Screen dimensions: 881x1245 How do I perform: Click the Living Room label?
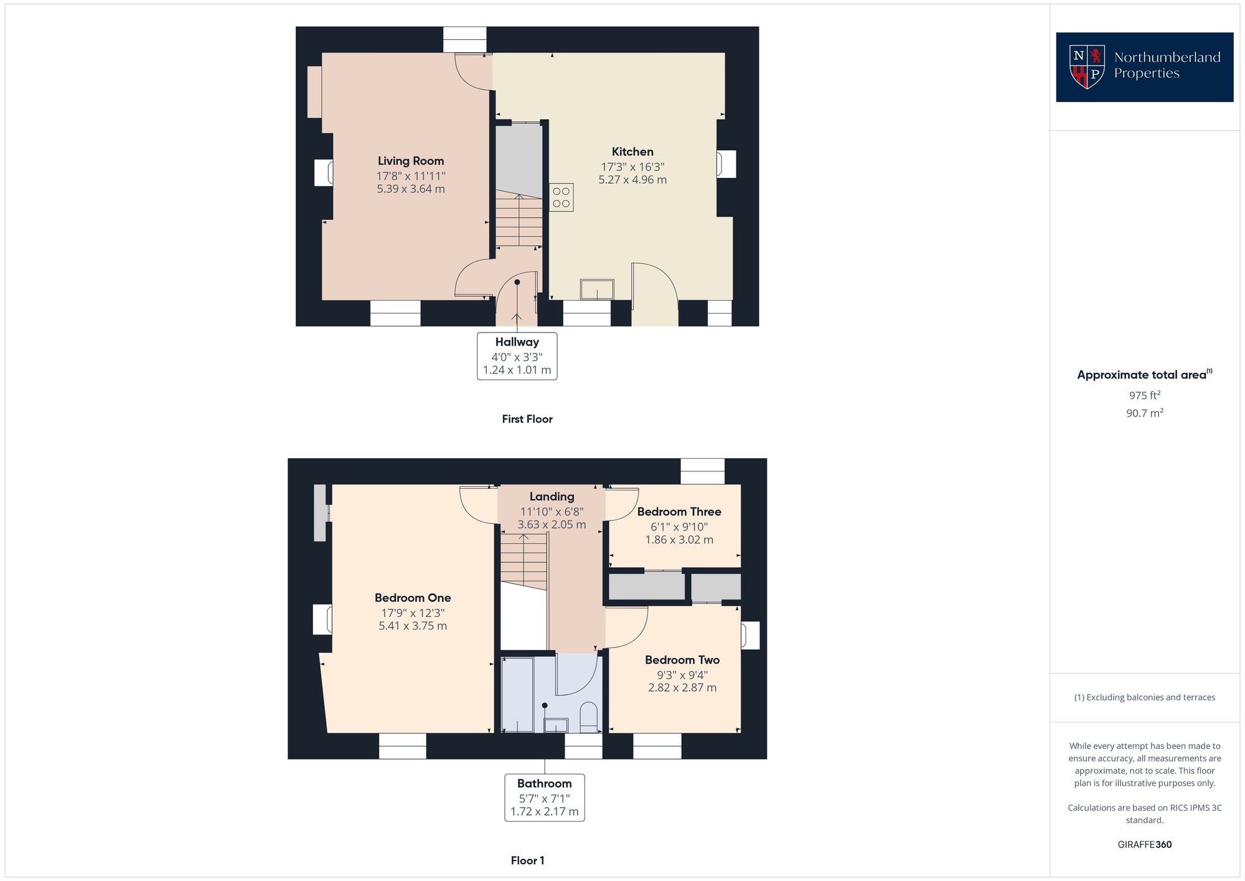410,161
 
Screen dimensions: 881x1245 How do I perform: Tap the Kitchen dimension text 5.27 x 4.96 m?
632,180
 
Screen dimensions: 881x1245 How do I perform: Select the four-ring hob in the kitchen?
561,197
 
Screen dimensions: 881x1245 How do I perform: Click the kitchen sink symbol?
596,290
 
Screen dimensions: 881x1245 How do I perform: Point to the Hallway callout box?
517,356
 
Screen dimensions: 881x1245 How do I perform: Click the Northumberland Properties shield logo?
1086,67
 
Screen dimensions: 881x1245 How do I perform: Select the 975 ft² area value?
1144,395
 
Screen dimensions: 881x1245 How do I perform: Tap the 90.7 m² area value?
1144,413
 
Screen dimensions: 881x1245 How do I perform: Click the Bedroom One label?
413,598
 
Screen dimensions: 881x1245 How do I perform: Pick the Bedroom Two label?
682,660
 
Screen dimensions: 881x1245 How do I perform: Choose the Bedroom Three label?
679,512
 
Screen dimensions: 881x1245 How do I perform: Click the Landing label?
552,496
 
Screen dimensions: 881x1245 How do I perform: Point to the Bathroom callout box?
544,798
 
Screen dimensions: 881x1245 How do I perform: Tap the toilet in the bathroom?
588,717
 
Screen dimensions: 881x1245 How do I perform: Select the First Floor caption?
527,419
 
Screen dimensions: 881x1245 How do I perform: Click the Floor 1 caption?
527,860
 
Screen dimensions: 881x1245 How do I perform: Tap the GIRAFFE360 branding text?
1144,845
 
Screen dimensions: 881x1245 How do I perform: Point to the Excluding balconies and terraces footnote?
1144,697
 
